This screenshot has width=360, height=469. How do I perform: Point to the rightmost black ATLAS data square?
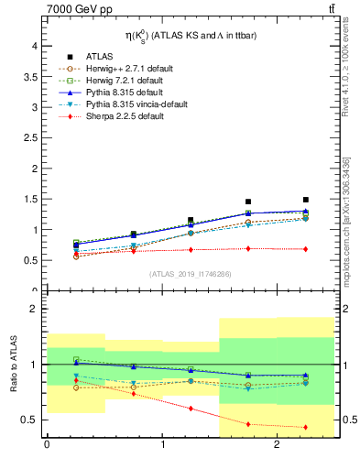pos(306,200)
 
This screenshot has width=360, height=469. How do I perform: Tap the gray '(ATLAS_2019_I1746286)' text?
pos(191,274)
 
